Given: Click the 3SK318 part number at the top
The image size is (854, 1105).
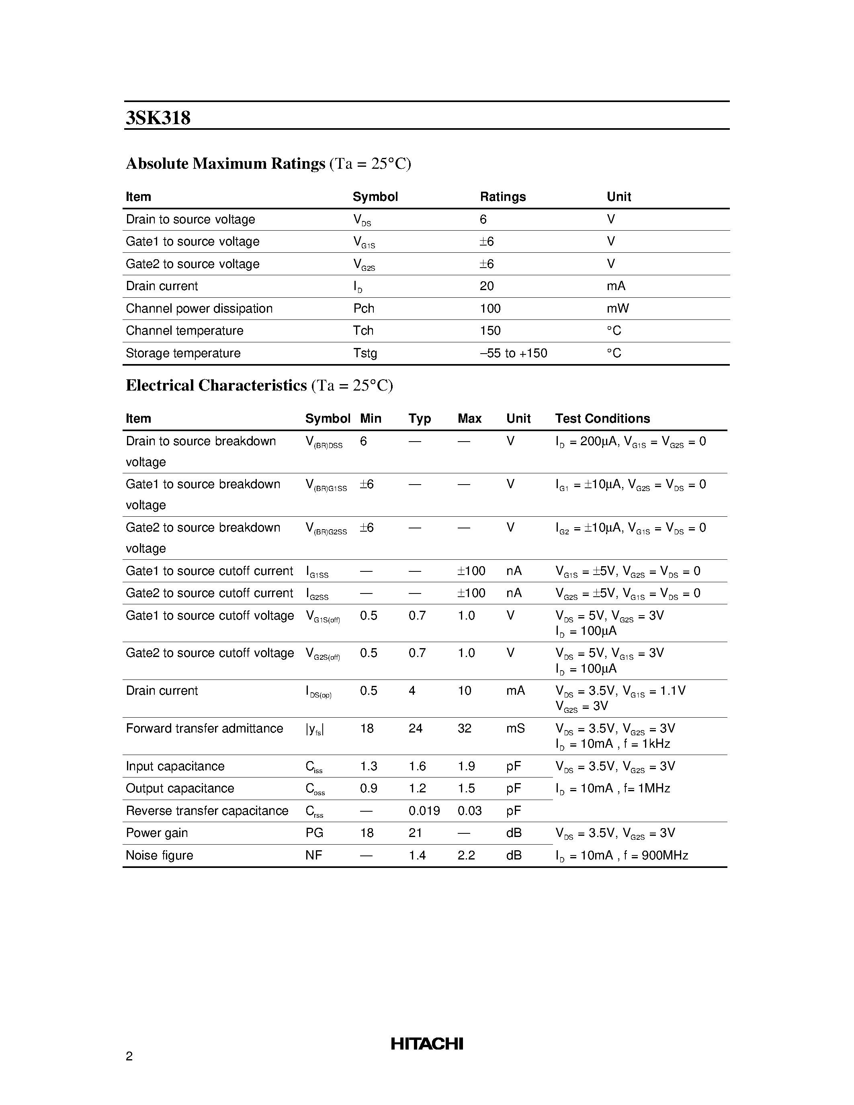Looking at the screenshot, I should pos(158,118).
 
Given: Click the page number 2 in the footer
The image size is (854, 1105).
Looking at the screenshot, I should pos(129,1056).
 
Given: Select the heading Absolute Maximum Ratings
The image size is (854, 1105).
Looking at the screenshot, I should pos(225,164).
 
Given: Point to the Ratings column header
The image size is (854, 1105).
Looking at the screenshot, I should pos(502,197).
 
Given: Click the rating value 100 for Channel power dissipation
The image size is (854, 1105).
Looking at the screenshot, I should pos(490,309).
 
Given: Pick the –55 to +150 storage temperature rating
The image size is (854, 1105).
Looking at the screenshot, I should pos(513,353).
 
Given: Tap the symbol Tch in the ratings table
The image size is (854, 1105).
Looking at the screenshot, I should pos(363,331).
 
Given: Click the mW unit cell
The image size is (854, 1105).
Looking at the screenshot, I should pos(618,309).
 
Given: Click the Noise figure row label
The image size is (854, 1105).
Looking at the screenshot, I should pos(160,855).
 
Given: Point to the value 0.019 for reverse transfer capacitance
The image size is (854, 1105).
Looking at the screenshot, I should pos(424,811).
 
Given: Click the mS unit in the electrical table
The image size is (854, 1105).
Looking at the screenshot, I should pos(515,728).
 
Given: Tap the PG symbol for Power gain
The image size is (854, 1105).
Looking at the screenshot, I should pos(314,833).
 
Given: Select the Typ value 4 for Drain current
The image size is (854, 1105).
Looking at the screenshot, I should pos(412,691).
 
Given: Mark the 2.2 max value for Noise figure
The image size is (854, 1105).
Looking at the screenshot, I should pos(466,855).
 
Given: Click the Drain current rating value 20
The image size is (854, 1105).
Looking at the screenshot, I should pos(486,286).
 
